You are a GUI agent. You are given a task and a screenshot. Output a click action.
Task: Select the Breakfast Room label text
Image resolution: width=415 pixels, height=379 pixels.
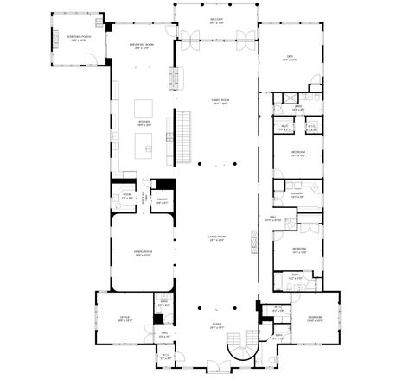tap(141, 45)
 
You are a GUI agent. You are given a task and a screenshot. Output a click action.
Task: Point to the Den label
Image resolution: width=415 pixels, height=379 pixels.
tap(290, 59)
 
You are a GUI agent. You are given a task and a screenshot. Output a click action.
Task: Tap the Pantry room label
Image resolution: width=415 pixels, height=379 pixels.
tap(161, 202)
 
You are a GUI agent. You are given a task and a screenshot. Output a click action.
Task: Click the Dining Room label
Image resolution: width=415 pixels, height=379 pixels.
tap(142, 253)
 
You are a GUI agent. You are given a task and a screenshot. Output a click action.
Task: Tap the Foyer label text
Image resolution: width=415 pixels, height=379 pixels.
tap(216, 326)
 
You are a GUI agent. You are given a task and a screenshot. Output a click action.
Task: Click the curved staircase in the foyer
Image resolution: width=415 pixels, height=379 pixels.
tap(239, 351)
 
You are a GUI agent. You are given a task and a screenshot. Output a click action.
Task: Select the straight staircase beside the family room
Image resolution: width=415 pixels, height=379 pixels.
tap(183, 138)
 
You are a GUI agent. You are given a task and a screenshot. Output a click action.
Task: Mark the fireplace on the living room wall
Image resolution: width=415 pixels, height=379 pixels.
tap(255, 238)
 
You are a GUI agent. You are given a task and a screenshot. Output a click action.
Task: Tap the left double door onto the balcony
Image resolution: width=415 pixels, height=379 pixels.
tap(180, 37)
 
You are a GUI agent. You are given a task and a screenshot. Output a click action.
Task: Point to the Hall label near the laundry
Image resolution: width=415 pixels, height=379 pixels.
tap(272, 219)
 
